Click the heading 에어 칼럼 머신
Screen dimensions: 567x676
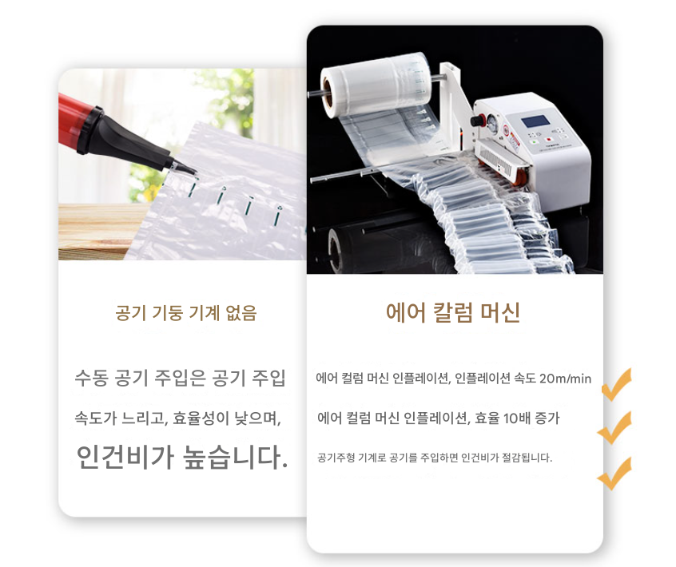coord(453,312)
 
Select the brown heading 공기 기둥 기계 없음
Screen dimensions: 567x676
coord(186,313)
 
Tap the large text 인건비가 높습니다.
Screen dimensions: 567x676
coord(181,457)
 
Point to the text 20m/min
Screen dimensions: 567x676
coord(565,379)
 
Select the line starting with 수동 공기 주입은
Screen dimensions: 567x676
coord(180,379)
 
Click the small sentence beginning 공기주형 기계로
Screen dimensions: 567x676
coord(434,458)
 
